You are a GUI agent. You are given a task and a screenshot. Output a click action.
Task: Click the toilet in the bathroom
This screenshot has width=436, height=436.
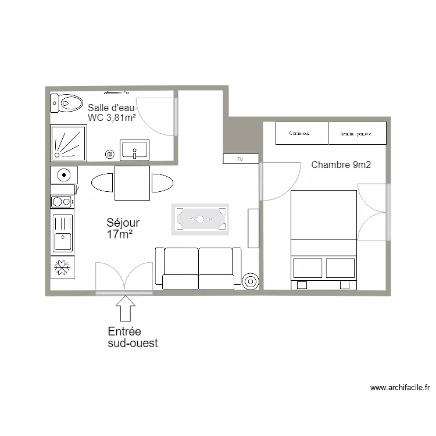point(67,103)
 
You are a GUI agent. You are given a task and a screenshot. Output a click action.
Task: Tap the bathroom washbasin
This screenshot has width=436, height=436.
point(135,150)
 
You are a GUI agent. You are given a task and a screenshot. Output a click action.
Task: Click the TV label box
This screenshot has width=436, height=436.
point(240,159)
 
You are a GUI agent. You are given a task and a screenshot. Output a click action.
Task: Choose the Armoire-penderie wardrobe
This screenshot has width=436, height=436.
point(357,133)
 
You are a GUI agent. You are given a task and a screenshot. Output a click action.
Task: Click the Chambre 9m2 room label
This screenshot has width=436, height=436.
point(341,165)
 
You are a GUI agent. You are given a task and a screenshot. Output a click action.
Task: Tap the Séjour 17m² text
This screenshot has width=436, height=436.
point(123,228)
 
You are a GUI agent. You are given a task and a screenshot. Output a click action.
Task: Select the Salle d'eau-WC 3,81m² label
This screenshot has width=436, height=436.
point(112,113)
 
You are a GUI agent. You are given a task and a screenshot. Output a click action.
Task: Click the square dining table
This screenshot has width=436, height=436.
point(132,183)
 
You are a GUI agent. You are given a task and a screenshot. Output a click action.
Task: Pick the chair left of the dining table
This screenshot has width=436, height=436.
point(102,183)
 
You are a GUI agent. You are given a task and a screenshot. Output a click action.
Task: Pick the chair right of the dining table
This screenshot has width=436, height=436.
point(162,183)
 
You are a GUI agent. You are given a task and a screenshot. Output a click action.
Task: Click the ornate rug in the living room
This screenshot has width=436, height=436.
point(199,219)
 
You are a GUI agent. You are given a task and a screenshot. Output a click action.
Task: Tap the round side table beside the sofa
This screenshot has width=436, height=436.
point(251,282)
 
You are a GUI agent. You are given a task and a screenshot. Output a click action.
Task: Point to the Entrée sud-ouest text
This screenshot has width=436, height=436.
point(133,337)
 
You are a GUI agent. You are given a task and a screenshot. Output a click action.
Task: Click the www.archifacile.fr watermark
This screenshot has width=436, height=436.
point(399,388)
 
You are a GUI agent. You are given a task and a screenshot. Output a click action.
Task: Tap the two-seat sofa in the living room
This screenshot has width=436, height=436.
point(198,268)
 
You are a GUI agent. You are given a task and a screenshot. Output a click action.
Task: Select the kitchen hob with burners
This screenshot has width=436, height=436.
point(62,202)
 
